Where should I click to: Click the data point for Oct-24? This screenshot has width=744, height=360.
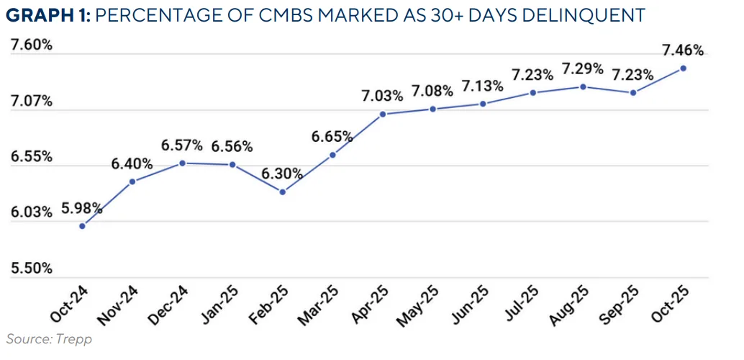82,226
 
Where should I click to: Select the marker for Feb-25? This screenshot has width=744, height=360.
283,192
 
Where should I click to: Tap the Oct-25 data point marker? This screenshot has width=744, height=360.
683,68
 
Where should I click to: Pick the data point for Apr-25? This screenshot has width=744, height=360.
383,114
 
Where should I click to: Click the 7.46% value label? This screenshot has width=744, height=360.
683,50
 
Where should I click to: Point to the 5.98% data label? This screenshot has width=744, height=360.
82,210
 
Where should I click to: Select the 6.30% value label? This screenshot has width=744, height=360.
283,174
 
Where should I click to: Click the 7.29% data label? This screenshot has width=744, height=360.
583,69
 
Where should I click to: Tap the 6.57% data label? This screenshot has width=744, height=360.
182,145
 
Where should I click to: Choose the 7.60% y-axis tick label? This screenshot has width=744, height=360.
31,45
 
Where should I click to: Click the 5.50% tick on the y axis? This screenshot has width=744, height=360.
31,268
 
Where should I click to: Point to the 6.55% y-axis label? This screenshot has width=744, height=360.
31,156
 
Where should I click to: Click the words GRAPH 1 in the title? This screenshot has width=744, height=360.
47,14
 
